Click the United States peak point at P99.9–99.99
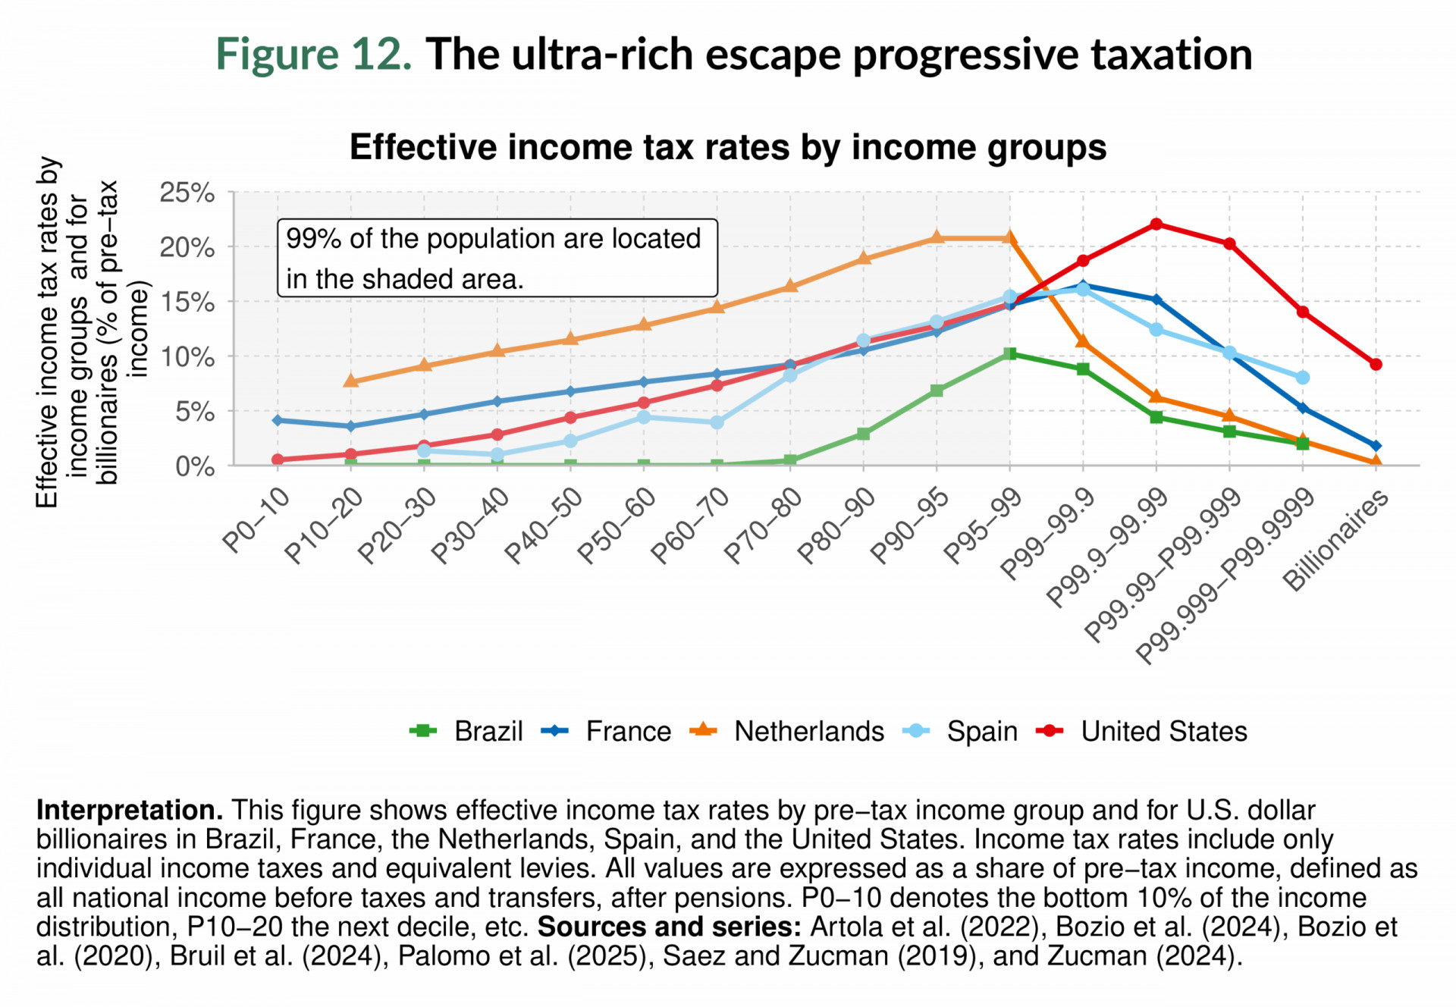(x=1156, y=224)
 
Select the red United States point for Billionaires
(x=1376, y=364)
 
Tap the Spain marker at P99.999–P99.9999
(x=1302, y=377)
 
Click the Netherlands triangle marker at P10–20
(x=350, y=381)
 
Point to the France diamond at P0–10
(x=278, y=420)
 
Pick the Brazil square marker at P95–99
(x=1009, y=353)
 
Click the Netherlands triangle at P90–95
(x=937, y=237)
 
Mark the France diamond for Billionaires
(x=1376, y=446)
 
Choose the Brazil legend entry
(x=466, y=731)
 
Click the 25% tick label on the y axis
(x=187, y=193)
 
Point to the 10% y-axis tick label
(x=187, y=357)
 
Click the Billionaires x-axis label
(x=1335, y=539)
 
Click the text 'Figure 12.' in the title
(x=314, y=55)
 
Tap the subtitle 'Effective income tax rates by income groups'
(x=727, y=147)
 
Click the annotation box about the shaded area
(x=497, y=258)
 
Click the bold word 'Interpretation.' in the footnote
(x=130, y=810)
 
